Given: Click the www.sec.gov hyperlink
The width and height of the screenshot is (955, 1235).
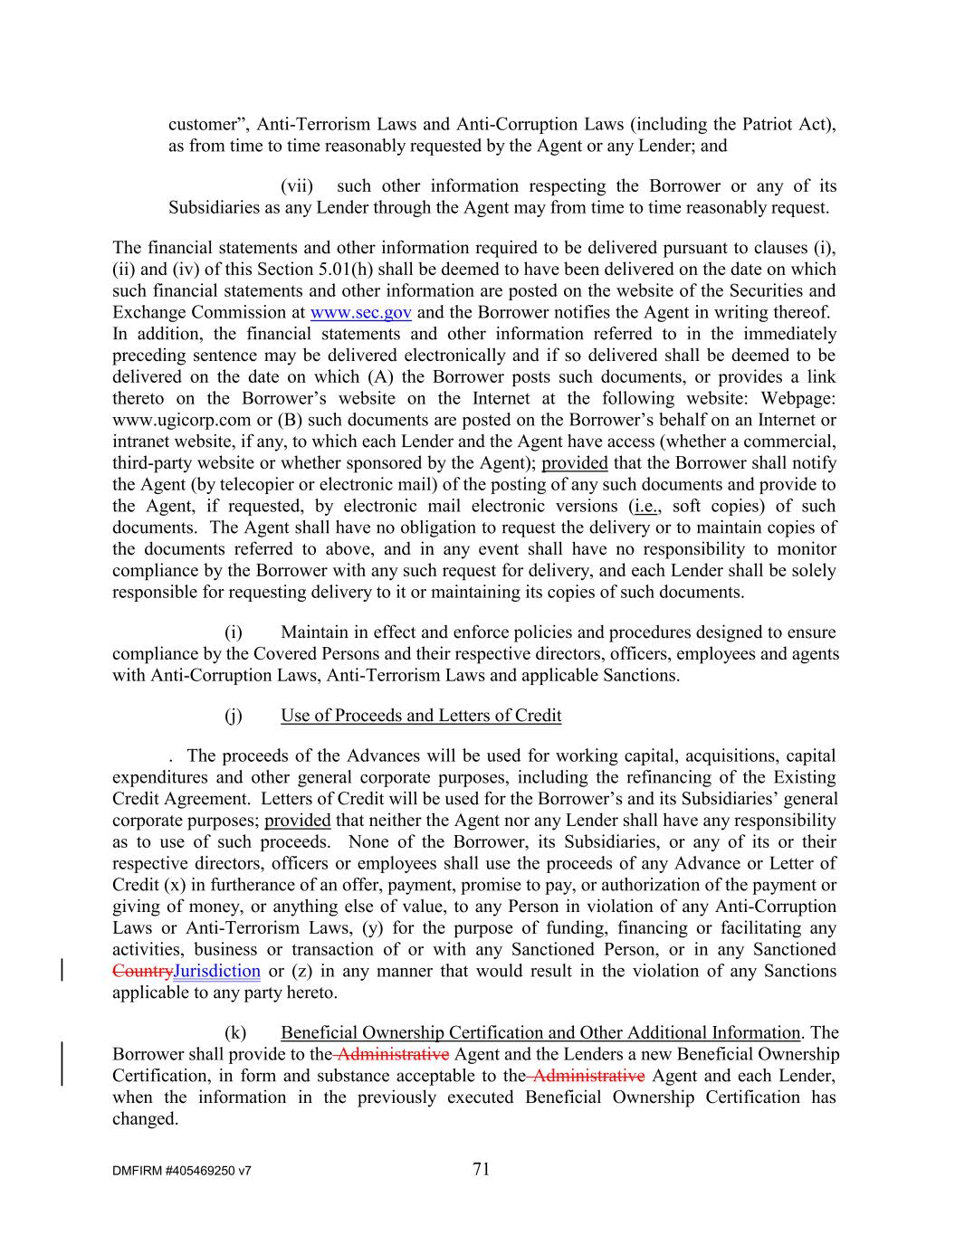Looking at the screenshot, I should [360, 313].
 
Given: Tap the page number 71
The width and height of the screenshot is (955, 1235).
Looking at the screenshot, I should [481, 1169].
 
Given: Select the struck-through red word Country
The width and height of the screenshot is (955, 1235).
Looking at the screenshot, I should [141, 971].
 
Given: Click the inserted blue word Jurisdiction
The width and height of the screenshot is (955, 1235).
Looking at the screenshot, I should [216, 971].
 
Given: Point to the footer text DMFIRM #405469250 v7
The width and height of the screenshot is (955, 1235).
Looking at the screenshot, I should [182, 1171].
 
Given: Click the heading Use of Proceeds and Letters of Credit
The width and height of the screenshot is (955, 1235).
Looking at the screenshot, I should [421, 716].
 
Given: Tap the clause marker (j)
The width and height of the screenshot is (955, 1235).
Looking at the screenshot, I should [234, 716].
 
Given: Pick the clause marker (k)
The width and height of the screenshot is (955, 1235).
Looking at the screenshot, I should [234, 1032].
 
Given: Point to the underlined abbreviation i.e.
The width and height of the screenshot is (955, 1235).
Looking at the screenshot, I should [645, 506].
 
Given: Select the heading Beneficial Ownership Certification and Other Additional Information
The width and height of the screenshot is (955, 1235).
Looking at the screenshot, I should [540, 1032].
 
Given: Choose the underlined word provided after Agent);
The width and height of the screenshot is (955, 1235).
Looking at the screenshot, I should [575, 463].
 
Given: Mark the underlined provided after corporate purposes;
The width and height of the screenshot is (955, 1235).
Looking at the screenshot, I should [298, 821].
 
